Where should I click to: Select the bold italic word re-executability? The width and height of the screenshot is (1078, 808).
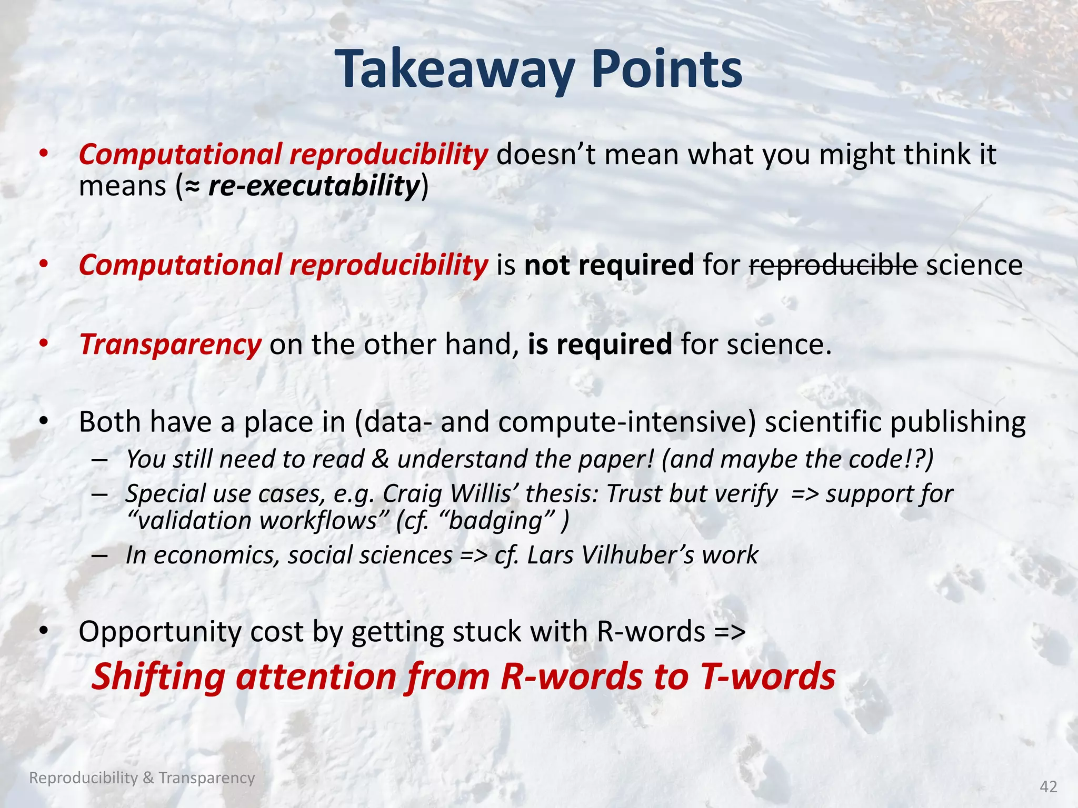coord(314,186)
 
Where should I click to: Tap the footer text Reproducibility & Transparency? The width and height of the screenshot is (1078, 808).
coord(142,777)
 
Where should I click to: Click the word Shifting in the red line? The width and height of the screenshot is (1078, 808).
coord(158,676)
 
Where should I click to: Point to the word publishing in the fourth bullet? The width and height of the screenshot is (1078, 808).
coord(958,422)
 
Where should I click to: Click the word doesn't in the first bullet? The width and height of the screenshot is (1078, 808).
coord(545,155)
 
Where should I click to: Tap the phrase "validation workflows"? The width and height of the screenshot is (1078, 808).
coord(253,521)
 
